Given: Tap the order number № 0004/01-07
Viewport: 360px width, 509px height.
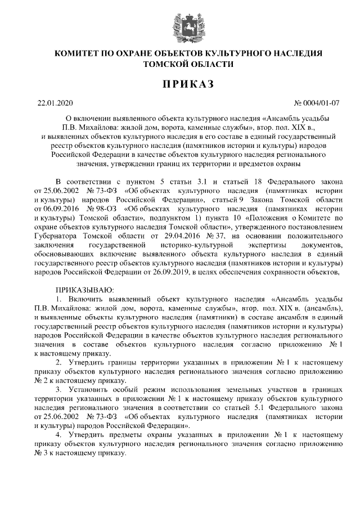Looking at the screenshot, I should pos(317,103).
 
